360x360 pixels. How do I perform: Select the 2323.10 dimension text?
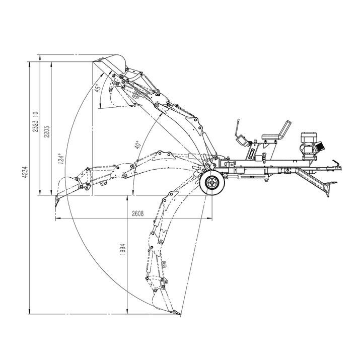coord(35,122)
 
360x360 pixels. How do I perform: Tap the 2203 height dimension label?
coord(47,131)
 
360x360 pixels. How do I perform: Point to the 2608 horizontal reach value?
coord(138,213)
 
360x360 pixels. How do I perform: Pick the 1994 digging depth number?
coord(123,249)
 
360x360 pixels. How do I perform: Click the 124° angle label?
coord(60,159)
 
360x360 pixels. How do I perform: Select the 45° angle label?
coord(98,88)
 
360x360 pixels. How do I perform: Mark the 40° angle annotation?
coord(137,145)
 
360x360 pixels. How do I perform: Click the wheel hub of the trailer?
coord(211,183)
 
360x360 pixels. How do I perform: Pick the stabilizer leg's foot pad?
coord(331,183)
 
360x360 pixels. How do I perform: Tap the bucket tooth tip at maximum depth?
coord(180,314)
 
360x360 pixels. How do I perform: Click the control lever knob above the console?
coord(238,120)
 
